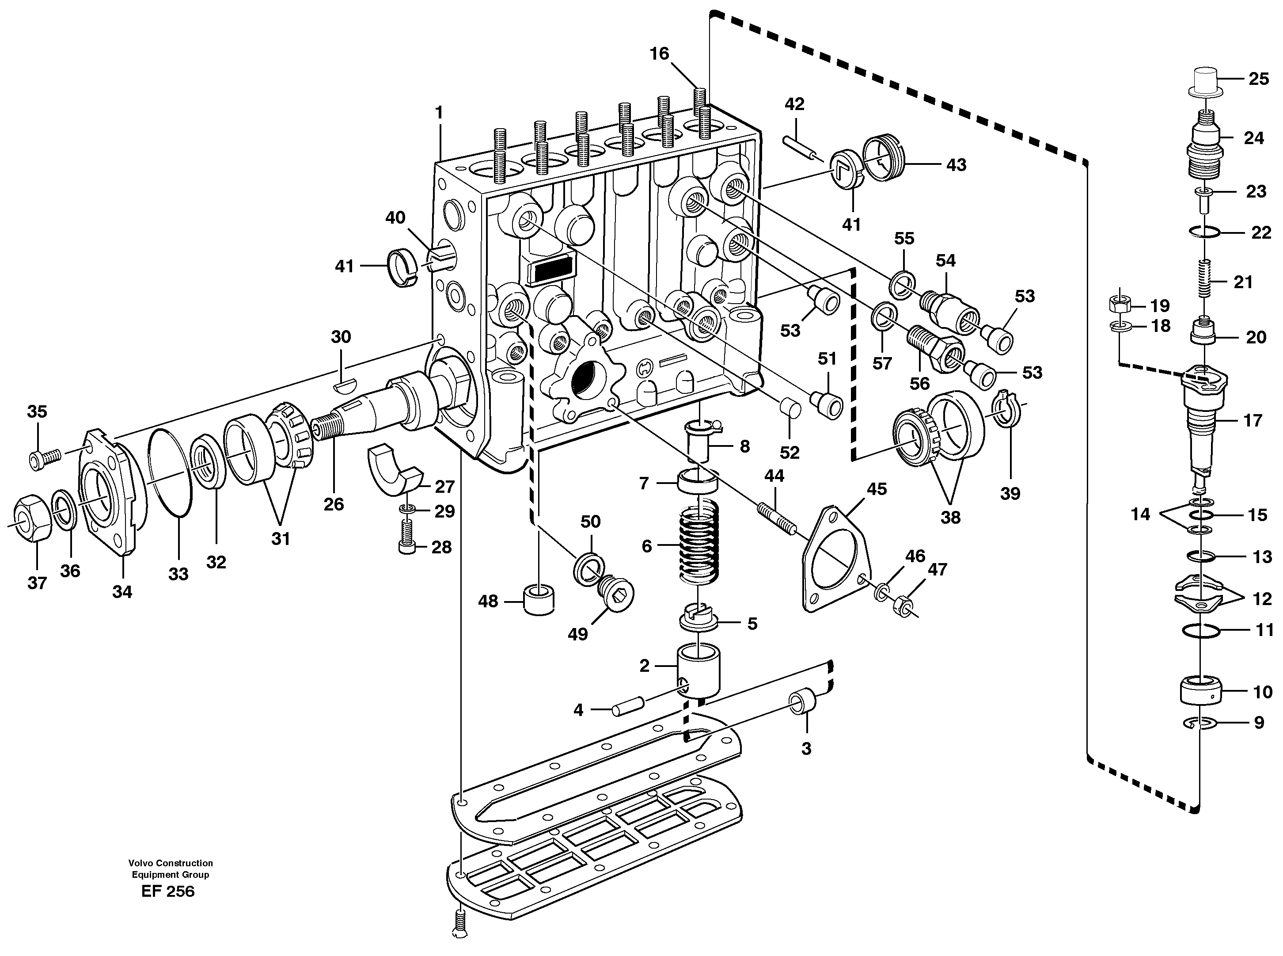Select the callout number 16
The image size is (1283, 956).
659,54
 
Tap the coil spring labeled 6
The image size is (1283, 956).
701,545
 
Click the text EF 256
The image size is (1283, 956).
168,891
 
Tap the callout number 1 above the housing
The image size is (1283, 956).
439,112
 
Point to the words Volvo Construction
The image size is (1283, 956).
170,863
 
